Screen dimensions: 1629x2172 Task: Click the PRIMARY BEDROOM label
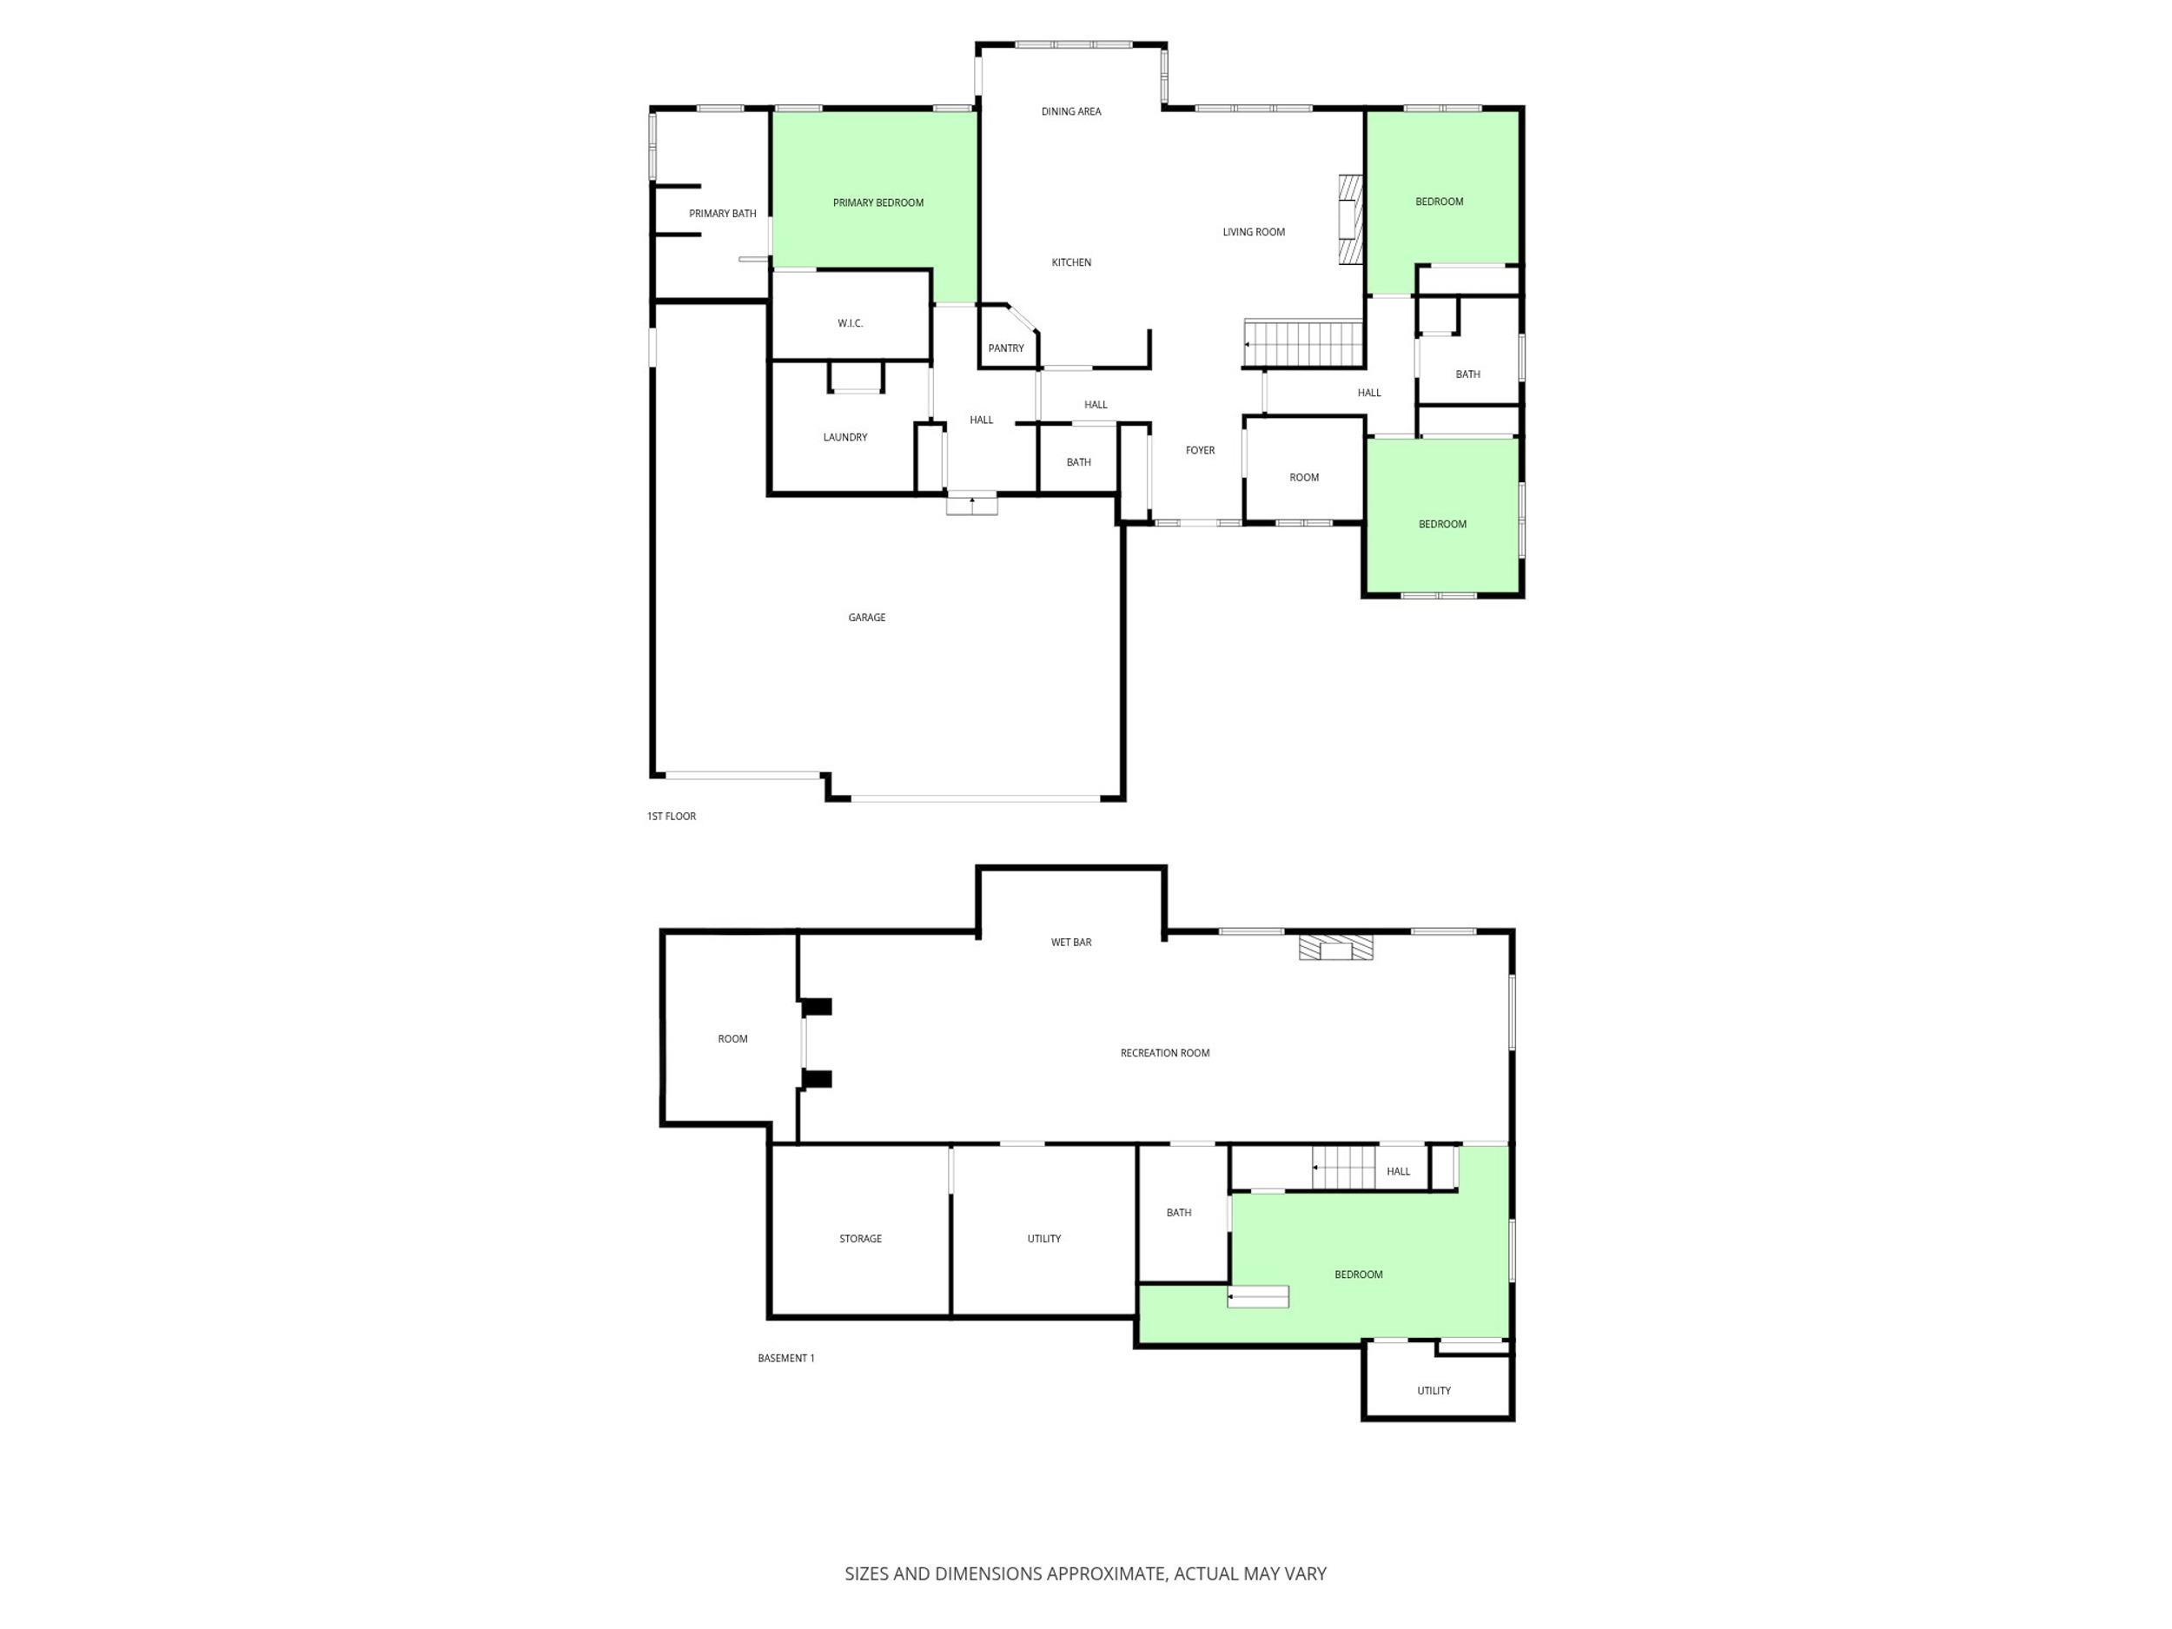coord(877,203)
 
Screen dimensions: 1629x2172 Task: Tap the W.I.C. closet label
coord(851,323)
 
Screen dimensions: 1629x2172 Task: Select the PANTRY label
coord(1005,348)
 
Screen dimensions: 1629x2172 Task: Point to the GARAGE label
coord(866,618)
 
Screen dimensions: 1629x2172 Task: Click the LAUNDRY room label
coord(844,438)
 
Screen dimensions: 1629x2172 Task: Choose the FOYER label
coord(1200,451)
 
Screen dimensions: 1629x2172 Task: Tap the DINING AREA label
coord(1070,112)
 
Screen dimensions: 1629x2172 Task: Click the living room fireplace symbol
coord(1352,220)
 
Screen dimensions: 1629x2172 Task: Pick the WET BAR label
coord(1070,943)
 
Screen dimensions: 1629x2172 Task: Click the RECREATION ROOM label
coord(1164,1054)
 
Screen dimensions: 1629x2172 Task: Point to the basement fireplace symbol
coord(1335,948)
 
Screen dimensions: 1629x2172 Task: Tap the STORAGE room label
coord(860,1239)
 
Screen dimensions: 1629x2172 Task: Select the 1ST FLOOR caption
coord(672,817)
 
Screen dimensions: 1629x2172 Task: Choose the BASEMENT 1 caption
coord(785,1359)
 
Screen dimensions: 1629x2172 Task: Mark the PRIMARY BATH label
coord(723,214)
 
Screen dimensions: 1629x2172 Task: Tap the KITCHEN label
coord(1071,263)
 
